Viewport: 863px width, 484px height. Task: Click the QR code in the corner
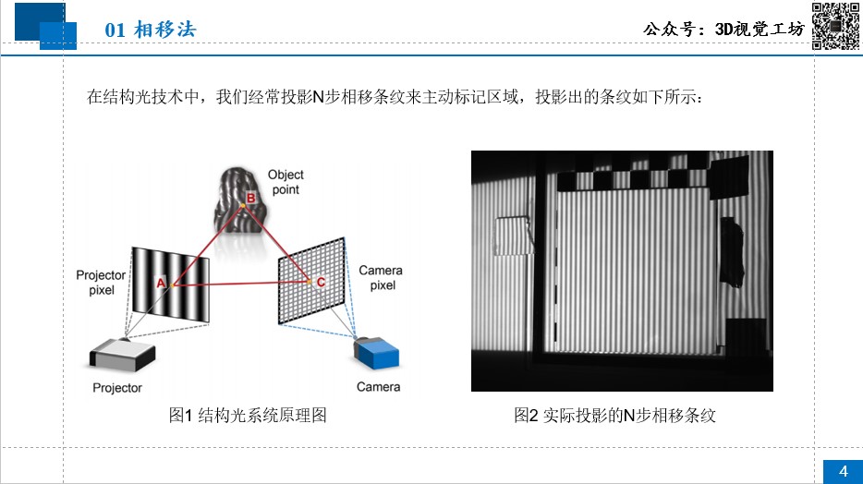(x=835, y=26)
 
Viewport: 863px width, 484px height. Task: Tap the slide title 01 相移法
(x=151, y=30)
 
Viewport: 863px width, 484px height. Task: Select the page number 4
(x=844, y=471)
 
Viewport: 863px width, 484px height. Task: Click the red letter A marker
(x=161, y=283)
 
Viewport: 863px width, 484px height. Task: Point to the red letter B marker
(x=250, y=198)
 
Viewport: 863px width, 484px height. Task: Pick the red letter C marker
(x=321, y=282)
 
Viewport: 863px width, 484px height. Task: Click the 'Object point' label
(x=286, y=182)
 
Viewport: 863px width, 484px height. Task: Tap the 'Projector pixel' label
(x=101, y=282)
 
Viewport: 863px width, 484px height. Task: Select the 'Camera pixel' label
(x=381, y=278)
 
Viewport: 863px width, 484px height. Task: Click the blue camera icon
(x=376, y=353)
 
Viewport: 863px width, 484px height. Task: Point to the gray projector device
(x=123, y=354)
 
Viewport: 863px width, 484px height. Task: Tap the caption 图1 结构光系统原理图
(x=248, y=416)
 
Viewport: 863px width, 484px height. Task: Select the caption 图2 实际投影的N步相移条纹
(x=614, y=416)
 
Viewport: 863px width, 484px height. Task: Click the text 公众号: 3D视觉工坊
(x=723, y=29)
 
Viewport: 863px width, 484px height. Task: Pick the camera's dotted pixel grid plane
(x=312, y=281)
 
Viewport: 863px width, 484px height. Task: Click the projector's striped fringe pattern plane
(x=171, y=284)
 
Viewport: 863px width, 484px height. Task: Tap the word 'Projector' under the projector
(x=117, y=388)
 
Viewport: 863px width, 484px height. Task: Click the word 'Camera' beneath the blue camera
(x=378, y=387)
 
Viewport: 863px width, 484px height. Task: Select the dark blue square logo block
(x=40, y=21)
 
